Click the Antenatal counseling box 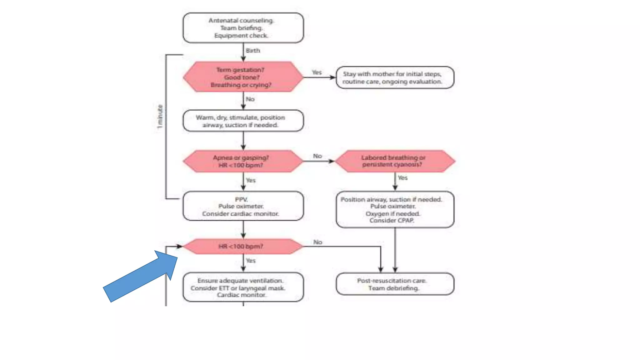point(243,28)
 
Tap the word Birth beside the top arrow point(252,51)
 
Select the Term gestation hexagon point(243,77)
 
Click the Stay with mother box point(395,77)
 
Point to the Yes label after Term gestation point(317,72)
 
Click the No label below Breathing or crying point(250,99)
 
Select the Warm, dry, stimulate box point(243,121)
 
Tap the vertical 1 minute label point(160,117)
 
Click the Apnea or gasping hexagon point(243,161)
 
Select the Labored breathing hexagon point(395,161)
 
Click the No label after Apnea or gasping point(317,156)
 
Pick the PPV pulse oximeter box point(243,206)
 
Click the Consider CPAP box point(395,210)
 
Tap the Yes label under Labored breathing point(402,178)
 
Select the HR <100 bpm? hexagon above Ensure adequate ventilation point(243,247)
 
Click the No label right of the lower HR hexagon point(317,242)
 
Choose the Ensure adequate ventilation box point(243,287)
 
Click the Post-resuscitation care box point(395,284)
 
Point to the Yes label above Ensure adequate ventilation point(251,261)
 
